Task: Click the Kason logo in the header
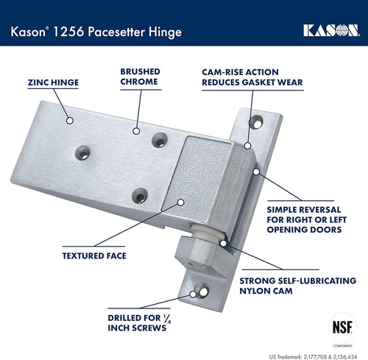point(329,30)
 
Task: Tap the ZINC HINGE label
point(52,82)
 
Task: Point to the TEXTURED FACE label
point(94,256)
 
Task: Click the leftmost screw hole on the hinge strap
point(82,153)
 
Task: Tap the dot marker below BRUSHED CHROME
point(135,131)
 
